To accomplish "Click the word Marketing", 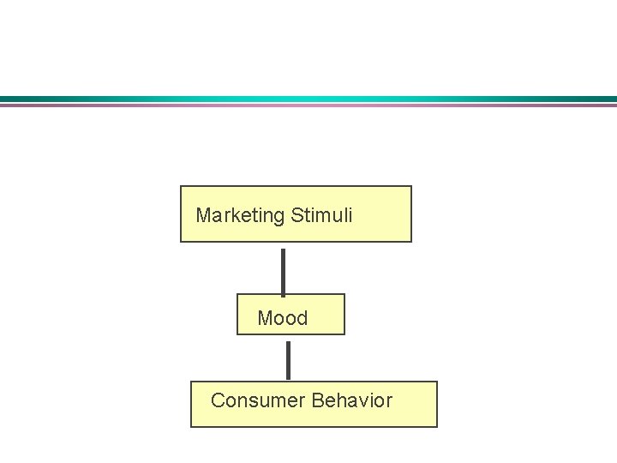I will pyautogui.click(x=240, y=215).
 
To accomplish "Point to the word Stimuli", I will pyautogui.click(x=321, y=215).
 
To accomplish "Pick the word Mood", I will pyautogui.click(x=282, y=319).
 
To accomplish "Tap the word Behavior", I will pyautogui.click(x=352, y=400).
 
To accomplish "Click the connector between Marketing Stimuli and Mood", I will pyautogui.click(x=284, y=270).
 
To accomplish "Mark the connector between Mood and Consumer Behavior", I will pyautogui.click(x=288, y=359).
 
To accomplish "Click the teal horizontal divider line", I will pyautogui.click(x=308, y=99).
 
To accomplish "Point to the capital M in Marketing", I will pyautogui.click(x=203, y=215).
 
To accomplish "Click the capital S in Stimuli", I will pyautogui.click(x=297, y=215).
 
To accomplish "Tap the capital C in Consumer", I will pyautogui.click(x=218, y=400).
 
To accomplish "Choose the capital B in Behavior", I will pyautogui.click(x=318, y=400).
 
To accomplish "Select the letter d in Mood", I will pyautogui.click(x=301, y=319).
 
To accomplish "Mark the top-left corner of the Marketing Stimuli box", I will pyautogui.click(x=181, y=187).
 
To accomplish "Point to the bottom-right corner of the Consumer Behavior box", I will pyautogui.click(x=436, y=426).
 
